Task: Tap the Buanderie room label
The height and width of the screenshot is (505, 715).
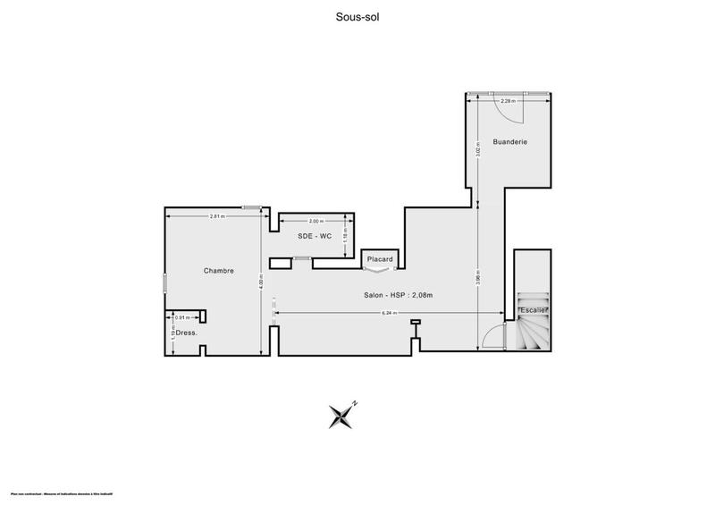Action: (509, 142)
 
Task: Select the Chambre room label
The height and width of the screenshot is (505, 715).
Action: (218, 271)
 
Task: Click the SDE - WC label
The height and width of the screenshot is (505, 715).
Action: (315, 235)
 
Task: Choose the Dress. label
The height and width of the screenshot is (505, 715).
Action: (186, 332)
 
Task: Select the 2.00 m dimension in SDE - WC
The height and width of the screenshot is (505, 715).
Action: (315, 221)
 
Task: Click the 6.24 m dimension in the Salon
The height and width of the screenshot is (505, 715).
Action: (388, 313)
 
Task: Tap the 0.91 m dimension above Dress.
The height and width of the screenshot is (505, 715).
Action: (181, 317)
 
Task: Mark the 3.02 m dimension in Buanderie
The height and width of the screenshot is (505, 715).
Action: (479, 151)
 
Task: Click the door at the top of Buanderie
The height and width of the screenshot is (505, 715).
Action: (508, 93)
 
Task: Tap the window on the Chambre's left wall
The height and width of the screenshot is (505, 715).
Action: (164, 282)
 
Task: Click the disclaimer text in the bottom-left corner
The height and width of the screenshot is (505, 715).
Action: (68, 493)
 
